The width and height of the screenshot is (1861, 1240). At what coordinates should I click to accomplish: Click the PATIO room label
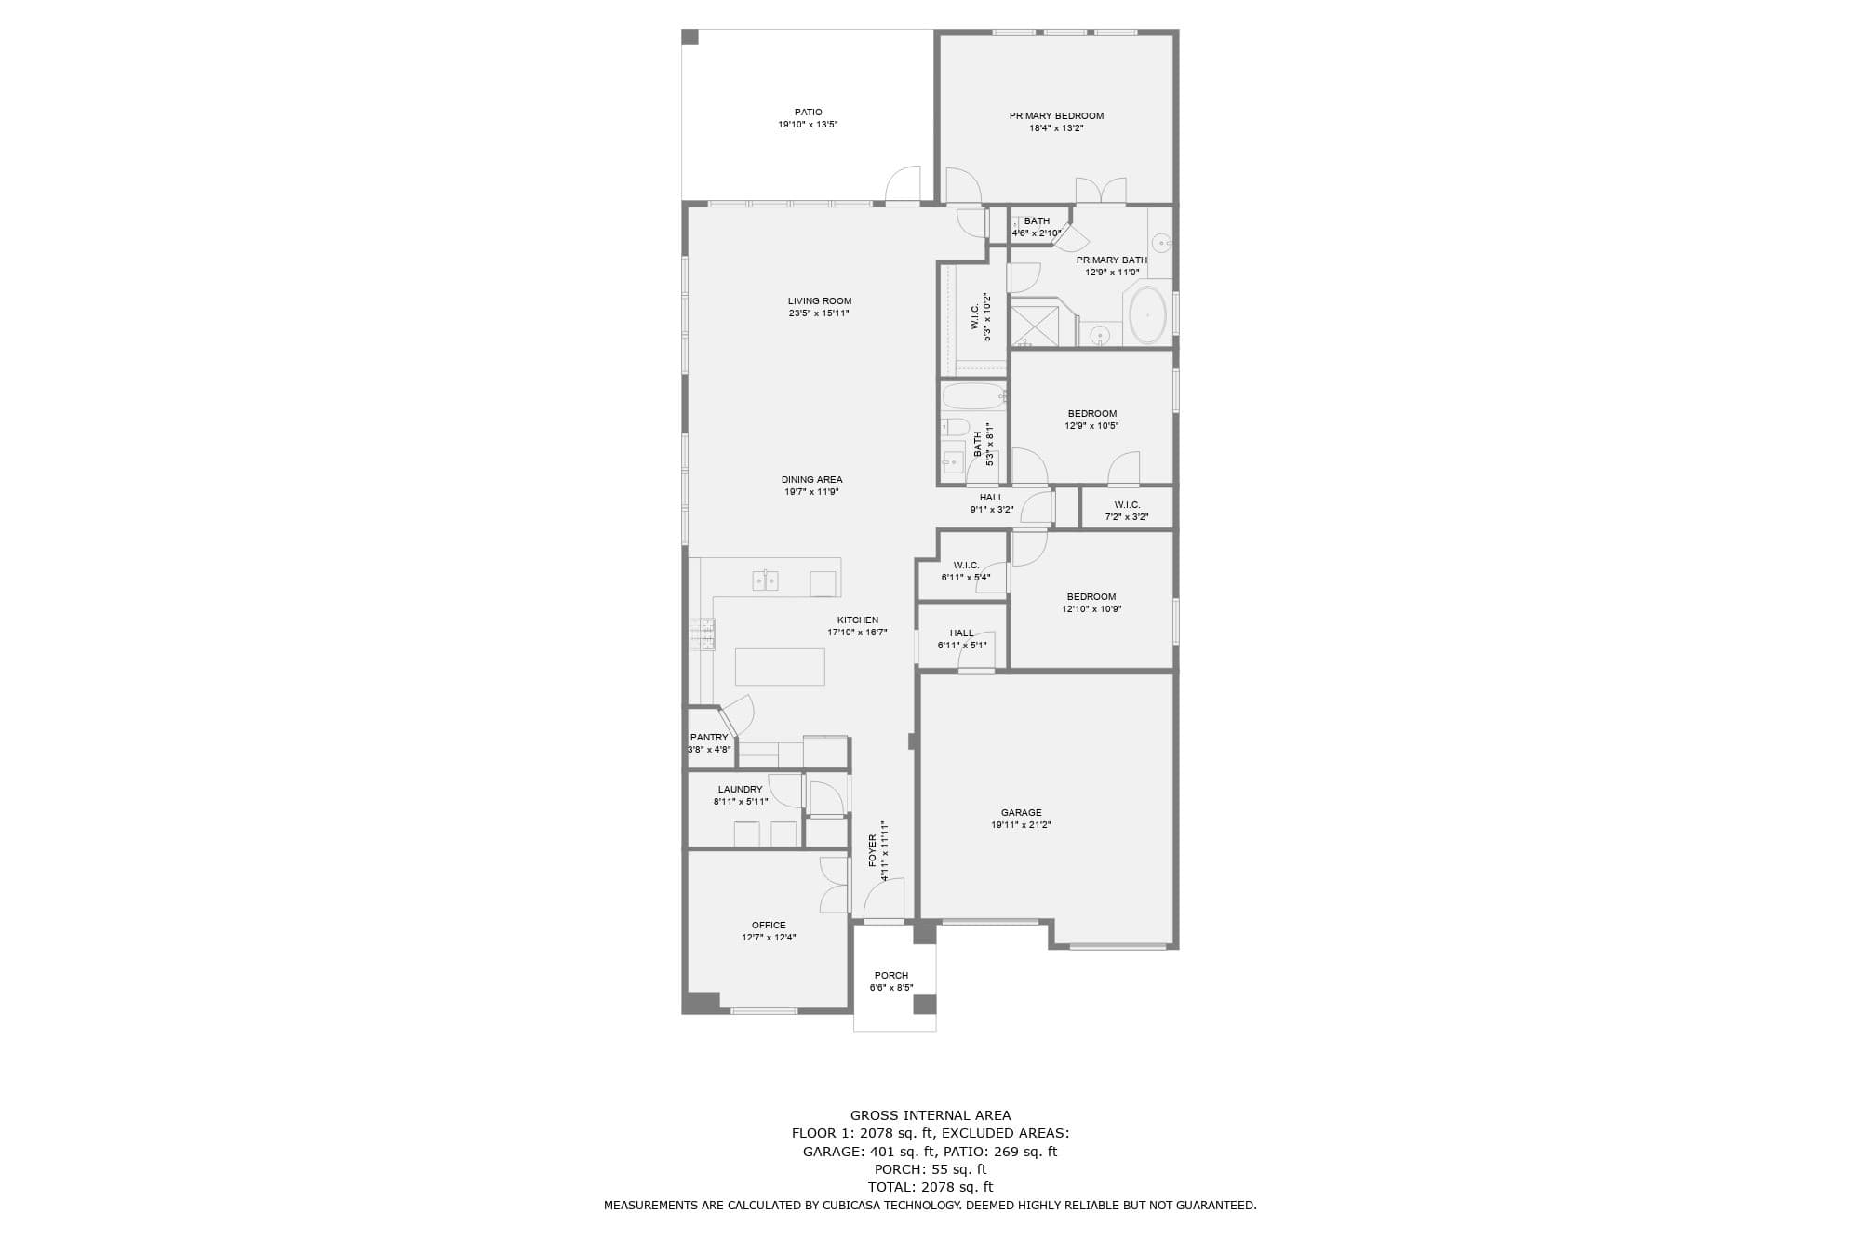pos(808,113)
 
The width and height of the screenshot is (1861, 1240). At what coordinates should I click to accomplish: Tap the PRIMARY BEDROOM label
pos(1056,116)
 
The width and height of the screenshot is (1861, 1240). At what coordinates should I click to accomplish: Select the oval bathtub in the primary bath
pos(1147,315)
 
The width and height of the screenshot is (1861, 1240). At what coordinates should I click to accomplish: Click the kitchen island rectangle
pos(780,667)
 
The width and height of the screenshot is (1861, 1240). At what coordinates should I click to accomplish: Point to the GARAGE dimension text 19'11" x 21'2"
pos(1021,825)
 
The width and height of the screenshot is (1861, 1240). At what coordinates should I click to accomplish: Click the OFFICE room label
pos(769,926)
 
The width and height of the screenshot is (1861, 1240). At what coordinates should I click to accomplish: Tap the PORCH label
pos(891,976)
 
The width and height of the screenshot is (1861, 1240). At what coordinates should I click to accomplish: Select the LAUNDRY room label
pos(740,790)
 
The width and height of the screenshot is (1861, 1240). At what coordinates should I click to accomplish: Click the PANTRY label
pos(709,738)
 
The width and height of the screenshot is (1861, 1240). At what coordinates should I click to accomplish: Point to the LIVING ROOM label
pos(820,301)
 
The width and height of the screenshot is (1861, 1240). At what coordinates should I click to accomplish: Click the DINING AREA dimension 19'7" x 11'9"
pos(811,492)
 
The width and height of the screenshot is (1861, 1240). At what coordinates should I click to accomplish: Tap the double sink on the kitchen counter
pos(765,581)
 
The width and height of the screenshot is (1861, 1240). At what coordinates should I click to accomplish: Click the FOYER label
pos(873,850)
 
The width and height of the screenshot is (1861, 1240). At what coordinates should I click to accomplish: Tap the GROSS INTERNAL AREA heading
pos(930,1115)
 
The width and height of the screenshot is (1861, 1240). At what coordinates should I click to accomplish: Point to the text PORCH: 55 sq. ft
pos(930,1169)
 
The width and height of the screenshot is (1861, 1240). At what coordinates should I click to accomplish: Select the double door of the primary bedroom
pos(1101,191)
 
